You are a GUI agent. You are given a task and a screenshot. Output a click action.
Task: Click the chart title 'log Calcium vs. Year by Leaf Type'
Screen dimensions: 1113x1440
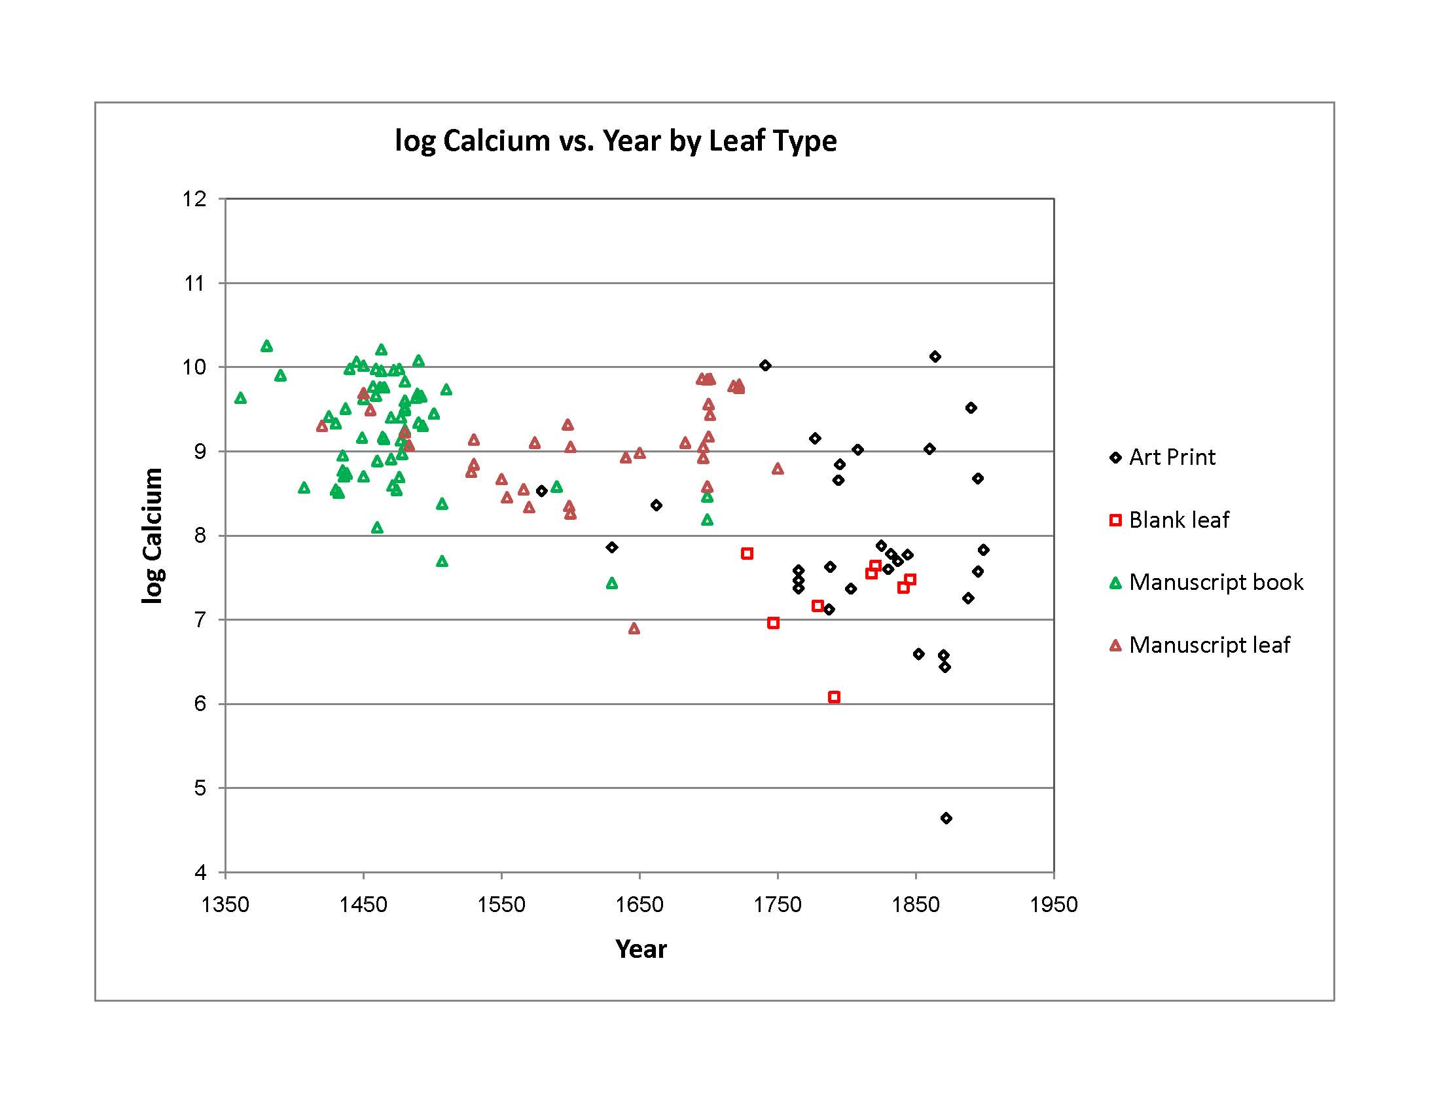tap(615, 141)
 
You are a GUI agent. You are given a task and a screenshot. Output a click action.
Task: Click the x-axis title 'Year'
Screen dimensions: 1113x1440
tap(641, 949)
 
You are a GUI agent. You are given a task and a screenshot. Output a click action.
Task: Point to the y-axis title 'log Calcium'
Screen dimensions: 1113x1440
tap(153, 536)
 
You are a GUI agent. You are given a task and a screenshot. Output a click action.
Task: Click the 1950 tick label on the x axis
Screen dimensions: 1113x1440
tap(1054, 904)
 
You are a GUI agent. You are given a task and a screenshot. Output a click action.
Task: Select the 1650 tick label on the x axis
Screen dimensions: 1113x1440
tap(639, 904)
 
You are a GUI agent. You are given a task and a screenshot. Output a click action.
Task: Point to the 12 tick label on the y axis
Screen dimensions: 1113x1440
tap(194, 199)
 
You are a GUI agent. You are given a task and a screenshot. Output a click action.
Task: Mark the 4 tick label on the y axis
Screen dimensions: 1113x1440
tap(200, 872)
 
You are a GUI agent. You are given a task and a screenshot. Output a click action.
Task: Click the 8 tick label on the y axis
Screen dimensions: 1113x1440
tap(200, 536)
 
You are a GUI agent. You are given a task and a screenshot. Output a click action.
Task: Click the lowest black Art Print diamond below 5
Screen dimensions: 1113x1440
tap(946, 818)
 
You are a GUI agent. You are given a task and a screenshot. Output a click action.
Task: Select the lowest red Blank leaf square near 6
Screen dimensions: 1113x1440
tap(834, 697)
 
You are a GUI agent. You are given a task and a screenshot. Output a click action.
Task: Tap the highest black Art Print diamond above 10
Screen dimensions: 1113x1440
tap(935, 357)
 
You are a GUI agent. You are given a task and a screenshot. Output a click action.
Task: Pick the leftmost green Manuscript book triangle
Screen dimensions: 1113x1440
tap(241, 398)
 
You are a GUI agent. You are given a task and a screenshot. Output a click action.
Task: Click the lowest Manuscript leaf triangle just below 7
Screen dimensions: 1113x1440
tap(634, 629)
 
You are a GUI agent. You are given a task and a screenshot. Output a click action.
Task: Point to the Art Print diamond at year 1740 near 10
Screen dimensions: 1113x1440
tap(765, 365)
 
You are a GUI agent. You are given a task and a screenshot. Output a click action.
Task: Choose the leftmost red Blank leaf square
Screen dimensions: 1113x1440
tap(747, 553)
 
